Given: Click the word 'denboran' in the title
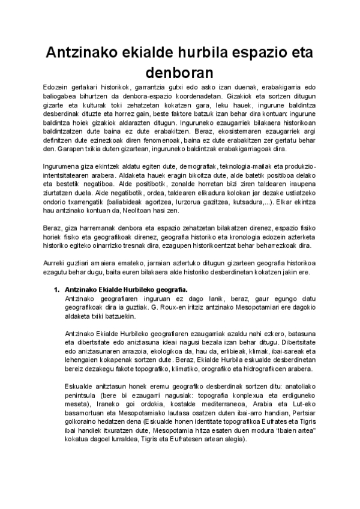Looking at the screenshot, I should click(x=180, y=72).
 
